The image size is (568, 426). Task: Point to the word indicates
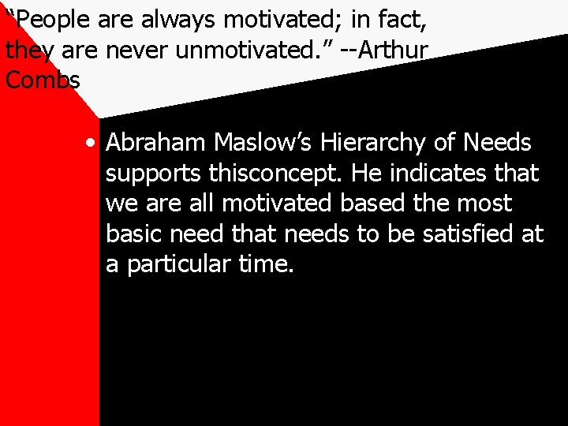(x=441, y=173)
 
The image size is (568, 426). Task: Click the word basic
(x=133, y=234)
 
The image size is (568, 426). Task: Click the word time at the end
(x=266, y=264)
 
